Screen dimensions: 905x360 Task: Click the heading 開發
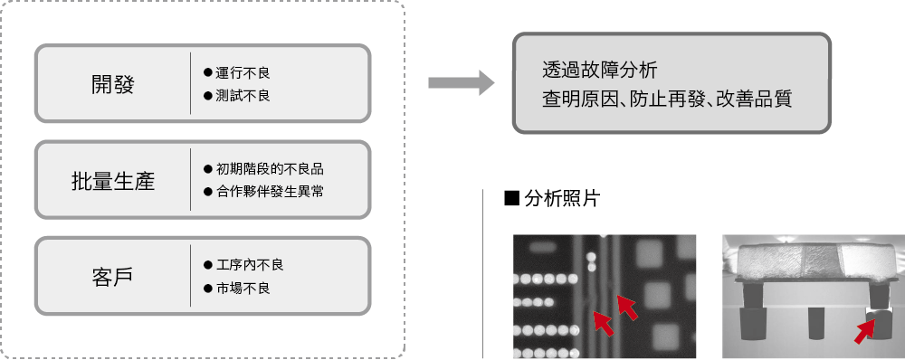pyautogui.click(x=112, y=84)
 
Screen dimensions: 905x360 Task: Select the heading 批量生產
pyautogui.click(x=112, y=181)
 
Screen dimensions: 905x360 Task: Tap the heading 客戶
pyautogui.click(x=112, y=277)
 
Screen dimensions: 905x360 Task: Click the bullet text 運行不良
pyautogui.click(x=243, y=72)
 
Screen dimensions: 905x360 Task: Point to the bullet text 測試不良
pyautogui.click(x=243, y=95)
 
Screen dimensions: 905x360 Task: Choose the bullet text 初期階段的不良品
pyautogui.click(x=270, y=169)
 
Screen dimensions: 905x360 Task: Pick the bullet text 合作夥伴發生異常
pyautogui.click(x=270, y=192)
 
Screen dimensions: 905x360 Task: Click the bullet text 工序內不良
pyautogui.click(x=250, y=265)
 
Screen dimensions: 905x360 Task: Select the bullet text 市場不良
pyautogui.click(x=243, y=288)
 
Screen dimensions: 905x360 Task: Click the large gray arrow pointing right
pyautogui.click(x=462, y=82)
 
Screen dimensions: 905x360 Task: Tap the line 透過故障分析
pyautogui.click(x=600, y=70)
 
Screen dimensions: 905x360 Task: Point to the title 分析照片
pyautogui.click(x=563, y=198)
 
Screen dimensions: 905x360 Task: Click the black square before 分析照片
pyautogui.click(x=512, y=198)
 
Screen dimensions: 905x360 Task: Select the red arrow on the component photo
pyautogui.click(x=864, y=333)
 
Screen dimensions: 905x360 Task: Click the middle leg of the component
pyautogui.click(x=815, y=324)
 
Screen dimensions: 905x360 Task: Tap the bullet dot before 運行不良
pyautogui.click(x=208, y=72)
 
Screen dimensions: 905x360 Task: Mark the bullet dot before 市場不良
pyautogui.click(x=208, y=288)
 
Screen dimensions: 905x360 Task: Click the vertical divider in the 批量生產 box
pyautogui.click(x=190, y=179)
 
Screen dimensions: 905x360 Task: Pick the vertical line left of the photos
pyautogui.click(x=482, y=273)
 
